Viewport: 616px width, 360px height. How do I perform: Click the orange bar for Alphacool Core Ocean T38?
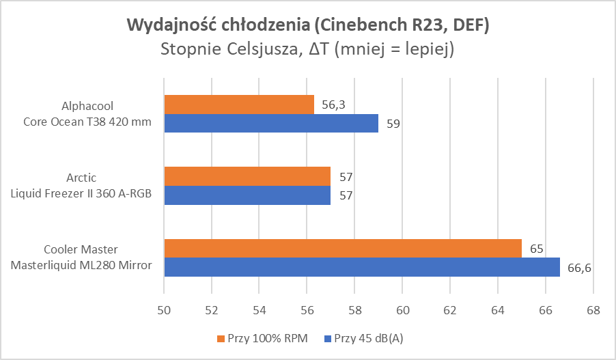pyautogui.click(x=239, y=105)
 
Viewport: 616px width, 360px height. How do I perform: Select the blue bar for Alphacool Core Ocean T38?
pyautogui.click(x=271, y=124)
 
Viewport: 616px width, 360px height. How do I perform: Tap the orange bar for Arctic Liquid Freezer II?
pyautogui.click(x=247, y=176)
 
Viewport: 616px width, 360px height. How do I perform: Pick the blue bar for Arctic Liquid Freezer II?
pyautogui.click(x=247, y=195)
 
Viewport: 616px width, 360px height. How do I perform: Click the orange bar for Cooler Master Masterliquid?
pyautogui.click(x=343, y=248)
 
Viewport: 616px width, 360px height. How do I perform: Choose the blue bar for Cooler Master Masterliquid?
pyautogui.click(x=362, y=267)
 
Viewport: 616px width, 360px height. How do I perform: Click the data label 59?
pyautogui.click(x=393, y=124)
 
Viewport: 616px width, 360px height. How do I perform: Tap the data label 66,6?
pyautogui.click(x=578, y=268)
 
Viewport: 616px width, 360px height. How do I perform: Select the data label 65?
pyautogui.click(x=536, y=249)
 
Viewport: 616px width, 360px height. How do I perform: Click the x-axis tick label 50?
pyautogui.click(x=164, y=309)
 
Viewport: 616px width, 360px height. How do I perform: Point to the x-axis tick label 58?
pyautogui.click(x=354, y=309)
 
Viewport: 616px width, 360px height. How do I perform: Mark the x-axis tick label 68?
pyautogui.click(x=593, y=309)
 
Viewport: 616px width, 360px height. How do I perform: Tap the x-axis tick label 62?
pyautogui.click(x=450, y=309)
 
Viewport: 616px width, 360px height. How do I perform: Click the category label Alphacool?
pyautogui.click(x=87, y=107)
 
